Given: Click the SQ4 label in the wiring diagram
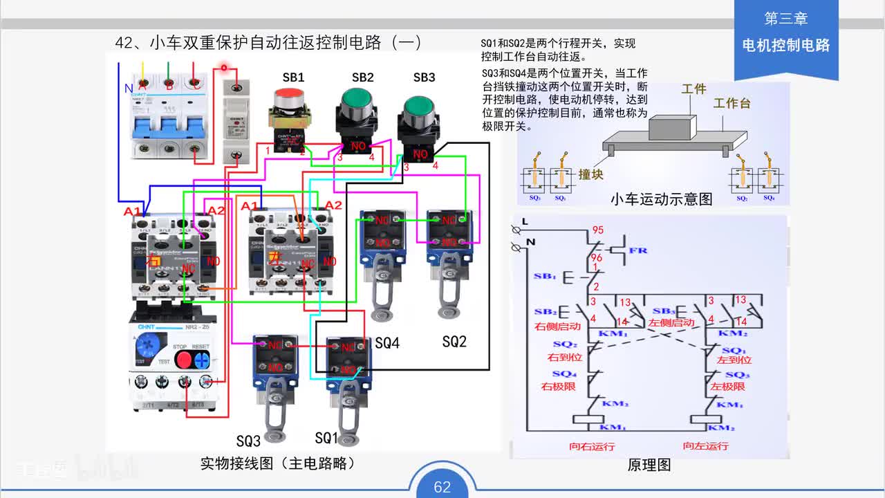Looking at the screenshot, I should click(387, 343).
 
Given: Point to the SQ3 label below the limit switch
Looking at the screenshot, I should click(248, 441).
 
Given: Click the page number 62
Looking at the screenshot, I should click(442, 487).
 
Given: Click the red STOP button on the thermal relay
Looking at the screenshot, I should click(183, 360).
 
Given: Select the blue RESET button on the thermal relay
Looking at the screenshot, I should click(202, 360).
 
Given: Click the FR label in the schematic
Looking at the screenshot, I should click(638, 250).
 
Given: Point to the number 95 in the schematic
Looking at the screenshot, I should click(597, 230).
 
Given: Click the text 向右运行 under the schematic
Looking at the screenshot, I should click(592, 446).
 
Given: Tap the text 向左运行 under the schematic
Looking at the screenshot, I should click(705, 446).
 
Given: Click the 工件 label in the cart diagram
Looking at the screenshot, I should click(693, 89).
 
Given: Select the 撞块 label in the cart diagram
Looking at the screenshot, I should click(591, 174).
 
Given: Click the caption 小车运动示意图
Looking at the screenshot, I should click(661, 199).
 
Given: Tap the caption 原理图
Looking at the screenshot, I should click(649, 465).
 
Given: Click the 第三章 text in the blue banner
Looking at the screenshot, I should click(785, 19).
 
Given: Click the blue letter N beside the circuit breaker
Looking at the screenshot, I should click(128, 89).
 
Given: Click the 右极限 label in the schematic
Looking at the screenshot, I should click(559, 387).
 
